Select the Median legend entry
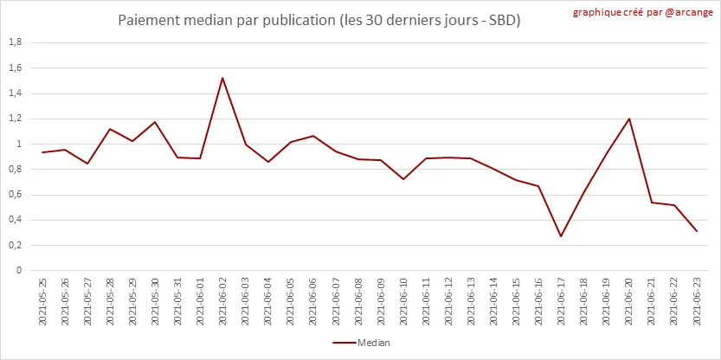tap(361, 343)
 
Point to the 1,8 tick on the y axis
tap(15, 42)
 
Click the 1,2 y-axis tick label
tap(15, 119)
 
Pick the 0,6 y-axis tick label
tap(15, 195)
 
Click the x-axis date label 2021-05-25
tap(42, 302)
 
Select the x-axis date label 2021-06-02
tap(222, 302)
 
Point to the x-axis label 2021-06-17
tap(561, 302)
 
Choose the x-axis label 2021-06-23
tap(696, 302)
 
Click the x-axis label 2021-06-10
tap(403, 302)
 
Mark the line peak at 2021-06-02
tap(222, 78)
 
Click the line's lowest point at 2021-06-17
tap(561, 236)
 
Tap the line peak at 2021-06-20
tap(628, 119)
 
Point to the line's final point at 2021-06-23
tap(696, 231)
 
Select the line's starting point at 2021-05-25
tap(42, 152)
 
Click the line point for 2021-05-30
tap(155, 122)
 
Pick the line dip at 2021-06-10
tap(403, 179)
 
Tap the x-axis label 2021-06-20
tap(628, 302)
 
